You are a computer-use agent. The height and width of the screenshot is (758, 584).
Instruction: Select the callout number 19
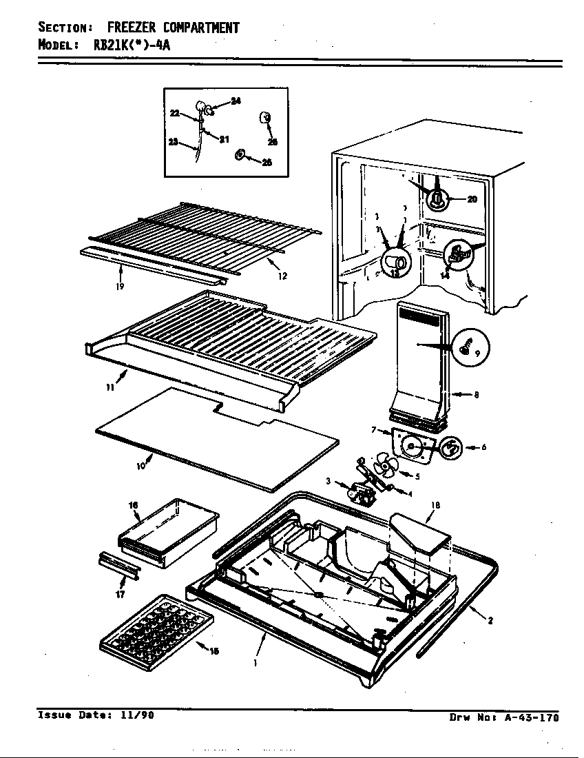121,286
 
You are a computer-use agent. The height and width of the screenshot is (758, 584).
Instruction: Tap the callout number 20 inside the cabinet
472,200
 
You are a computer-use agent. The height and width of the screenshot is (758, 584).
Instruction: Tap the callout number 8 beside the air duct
476,395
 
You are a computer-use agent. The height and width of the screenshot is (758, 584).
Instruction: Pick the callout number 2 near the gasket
490,620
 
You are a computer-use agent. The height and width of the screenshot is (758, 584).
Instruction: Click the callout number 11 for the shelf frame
110,388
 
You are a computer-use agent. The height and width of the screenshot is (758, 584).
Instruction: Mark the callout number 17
121,594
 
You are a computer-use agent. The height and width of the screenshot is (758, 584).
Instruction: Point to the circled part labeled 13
393,263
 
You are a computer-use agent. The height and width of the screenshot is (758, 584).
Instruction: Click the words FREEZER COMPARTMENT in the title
173,28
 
